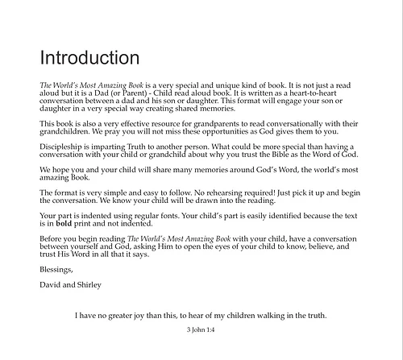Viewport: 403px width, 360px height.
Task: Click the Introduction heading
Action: point(89,58)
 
